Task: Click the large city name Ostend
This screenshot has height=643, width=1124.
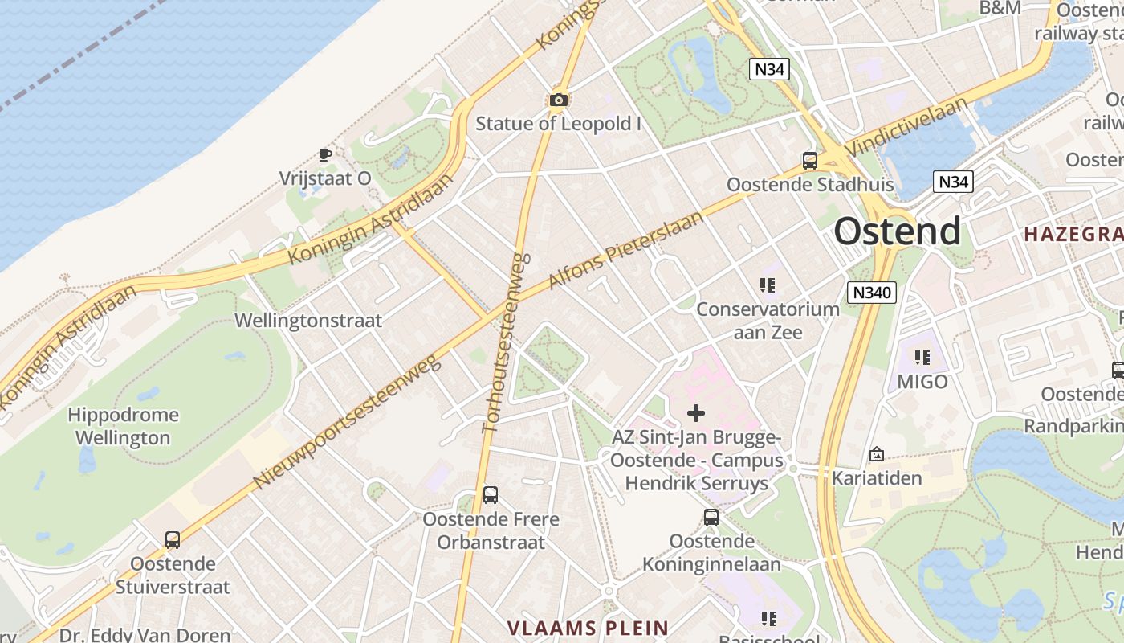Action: click(897, 231)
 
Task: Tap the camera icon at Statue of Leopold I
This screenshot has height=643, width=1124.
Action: click(559, 100)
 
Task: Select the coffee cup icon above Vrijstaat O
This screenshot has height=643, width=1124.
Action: click(324, 154)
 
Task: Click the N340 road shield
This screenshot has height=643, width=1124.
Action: click(871, 292)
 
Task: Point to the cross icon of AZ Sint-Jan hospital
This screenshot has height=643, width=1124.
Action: click(696, 413)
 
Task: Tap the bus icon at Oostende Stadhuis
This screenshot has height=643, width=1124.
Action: click(809, 161)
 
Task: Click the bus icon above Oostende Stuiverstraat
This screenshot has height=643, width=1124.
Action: click(173, 540)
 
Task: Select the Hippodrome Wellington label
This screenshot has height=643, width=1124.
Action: click(123, 427)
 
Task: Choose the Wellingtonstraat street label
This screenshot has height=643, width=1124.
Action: click(308, 321)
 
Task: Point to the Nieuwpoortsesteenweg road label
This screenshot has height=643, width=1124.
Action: click(348, 423)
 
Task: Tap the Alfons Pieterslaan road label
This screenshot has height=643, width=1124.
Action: click(625, 250)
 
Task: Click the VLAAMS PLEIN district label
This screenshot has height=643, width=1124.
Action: click(588, 628)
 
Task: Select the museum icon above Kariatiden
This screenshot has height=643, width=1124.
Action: click(876, 455)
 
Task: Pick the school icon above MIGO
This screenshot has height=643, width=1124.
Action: click(922, 357)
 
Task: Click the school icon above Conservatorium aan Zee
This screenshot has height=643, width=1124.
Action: click(768, 285)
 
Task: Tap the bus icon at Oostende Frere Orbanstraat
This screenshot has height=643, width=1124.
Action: click(491, 495)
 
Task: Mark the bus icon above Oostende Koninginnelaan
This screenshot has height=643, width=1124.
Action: click(711, 518)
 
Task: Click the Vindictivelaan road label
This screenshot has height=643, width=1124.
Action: click(907, 124)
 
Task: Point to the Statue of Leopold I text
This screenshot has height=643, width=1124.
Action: click(559, 124)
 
